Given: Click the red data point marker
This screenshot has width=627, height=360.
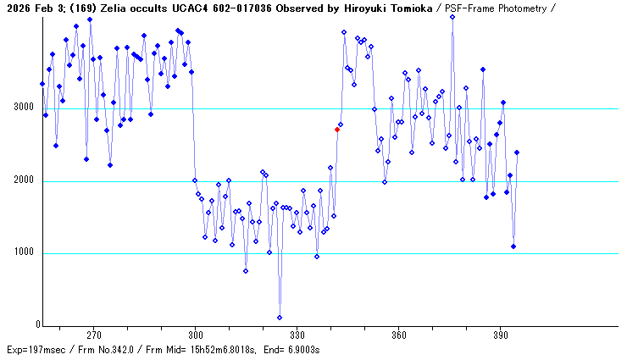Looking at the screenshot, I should [337, 130].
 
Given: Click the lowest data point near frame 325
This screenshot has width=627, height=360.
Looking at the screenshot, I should [280, 318].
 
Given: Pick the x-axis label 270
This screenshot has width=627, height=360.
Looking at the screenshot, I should [93, 335].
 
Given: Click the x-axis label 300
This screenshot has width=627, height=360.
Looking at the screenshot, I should [195, 335].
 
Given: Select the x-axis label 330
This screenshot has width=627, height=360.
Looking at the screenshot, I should [297, 335].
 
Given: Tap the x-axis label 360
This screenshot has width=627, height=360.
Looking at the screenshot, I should [398, 335].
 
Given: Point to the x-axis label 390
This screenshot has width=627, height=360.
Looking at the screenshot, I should [500, 335].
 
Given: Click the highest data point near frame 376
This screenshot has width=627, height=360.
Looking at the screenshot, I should [452, 16].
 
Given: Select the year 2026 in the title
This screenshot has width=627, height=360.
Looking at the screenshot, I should [18, 8].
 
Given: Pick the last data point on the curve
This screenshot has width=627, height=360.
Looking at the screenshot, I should [517, 152].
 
